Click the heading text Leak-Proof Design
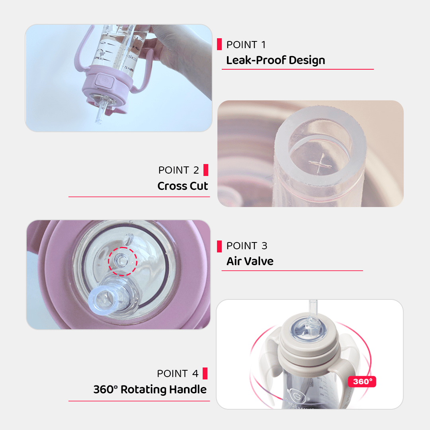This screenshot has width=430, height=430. (276, 61)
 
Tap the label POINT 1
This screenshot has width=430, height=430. (246, 45)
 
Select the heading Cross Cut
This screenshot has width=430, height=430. (183, 186)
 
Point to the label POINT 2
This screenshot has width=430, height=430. (178, 170)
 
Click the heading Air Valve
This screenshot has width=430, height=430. (250, 261)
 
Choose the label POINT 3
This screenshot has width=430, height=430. (247, 246)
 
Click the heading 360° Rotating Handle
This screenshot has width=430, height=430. (150, 389)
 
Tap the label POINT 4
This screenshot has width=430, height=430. (178, 373)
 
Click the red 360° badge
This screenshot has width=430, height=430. (362, 381)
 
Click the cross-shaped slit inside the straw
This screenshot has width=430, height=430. (320, 164)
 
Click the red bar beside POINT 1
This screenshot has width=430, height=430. (219, 44)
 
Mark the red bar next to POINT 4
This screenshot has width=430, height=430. (205, 373)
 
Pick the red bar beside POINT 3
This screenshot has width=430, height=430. (219, 246)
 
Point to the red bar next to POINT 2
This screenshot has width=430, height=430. (206, 170)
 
